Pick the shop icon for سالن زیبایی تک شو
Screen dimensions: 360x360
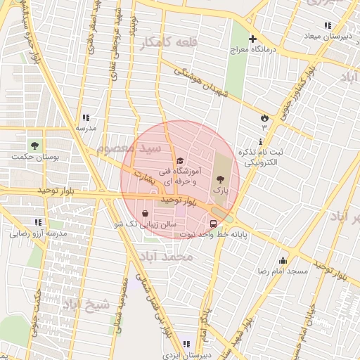tap(145, 214)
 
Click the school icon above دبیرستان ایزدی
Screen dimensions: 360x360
tap(186, 344)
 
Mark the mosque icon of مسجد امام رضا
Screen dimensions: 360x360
tap(283, 260)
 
